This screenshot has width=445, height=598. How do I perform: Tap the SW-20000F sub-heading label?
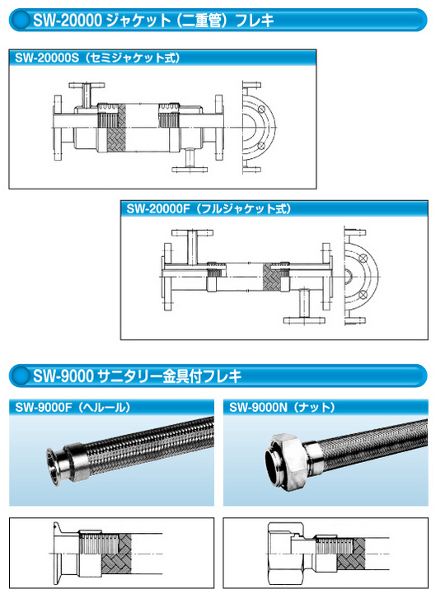pos(209,209)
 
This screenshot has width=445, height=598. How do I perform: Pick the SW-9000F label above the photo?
pos(74,406)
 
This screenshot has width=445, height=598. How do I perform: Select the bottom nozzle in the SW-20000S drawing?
pos(188,161)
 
